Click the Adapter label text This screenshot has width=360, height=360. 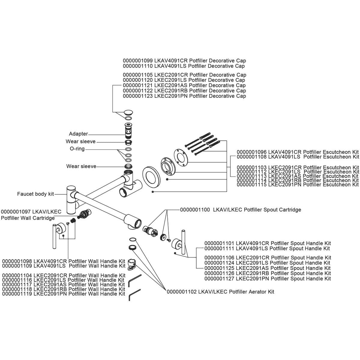(x=78, y=134)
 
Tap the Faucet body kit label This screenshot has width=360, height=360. (x=35, y=194)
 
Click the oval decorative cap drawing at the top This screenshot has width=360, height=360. (x=128, y=113)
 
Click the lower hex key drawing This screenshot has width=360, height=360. (x=134, y=294)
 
